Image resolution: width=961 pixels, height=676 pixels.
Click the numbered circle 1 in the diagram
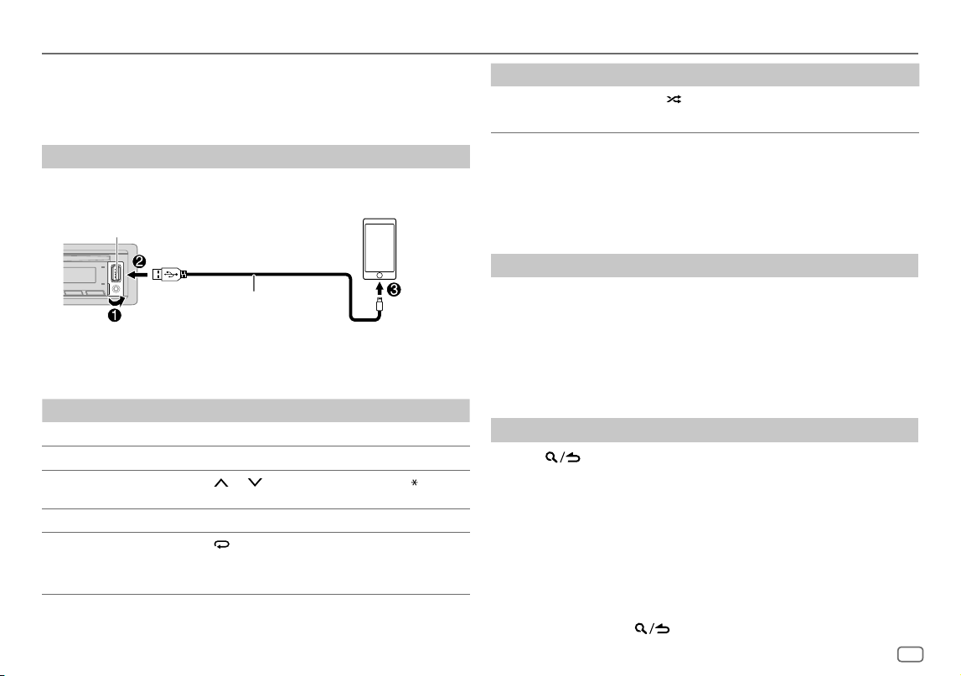pos(115,316)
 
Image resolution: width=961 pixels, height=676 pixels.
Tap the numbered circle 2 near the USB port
pos(140,261)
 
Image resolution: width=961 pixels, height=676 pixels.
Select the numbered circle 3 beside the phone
pos(394,290)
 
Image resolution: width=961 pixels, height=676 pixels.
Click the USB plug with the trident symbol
pos(169,274)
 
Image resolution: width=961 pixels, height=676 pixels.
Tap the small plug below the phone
pos(380,304)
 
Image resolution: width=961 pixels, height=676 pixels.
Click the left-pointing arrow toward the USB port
pos(138,275)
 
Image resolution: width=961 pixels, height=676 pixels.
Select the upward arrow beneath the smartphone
pos(380,287)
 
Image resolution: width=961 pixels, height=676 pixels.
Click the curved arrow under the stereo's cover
pos(116,302)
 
